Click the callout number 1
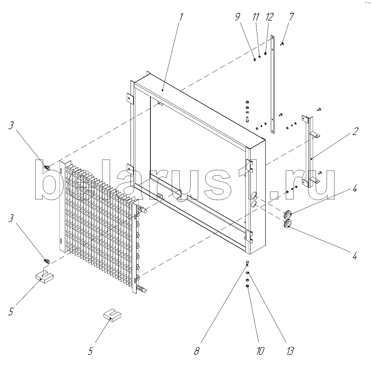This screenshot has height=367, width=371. pyautogui.click(x=181, y=17)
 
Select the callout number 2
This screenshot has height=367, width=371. pyautogui.click(x=355, y=131)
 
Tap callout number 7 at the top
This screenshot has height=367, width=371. pyautogui.click(x=291, y=17)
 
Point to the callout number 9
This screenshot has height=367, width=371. pyautogui.click(x=238, y=17)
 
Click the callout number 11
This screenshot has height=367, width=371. pyautogui.click(x=255, y=17)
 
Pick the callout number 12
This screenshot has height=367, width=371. pyautogui.click(x=269, y=17)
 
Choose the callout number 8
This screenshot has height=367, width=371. pyautogui.click(x=196, y=351)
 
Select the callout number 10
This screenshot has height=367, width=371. pyautogui.click(x=260, y=351)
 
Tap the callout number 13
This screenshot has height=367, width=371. pyautogui.click(x=290, y=351)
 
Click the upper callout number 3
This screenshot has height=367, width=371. pyautogui.click(x=11, y=125)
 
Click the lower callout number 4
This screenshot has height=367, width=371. pyautogui.click(x=355, y=256)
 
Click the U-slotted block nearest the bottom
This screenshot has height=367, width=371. pyautogui.click(x=112, y=315)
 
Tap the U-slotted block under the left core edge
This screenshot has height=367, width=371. pyautogui.click(x=44, y=276)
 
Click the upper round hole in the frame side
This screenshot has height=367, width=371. pyautogui.click(x=253, y=195)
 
